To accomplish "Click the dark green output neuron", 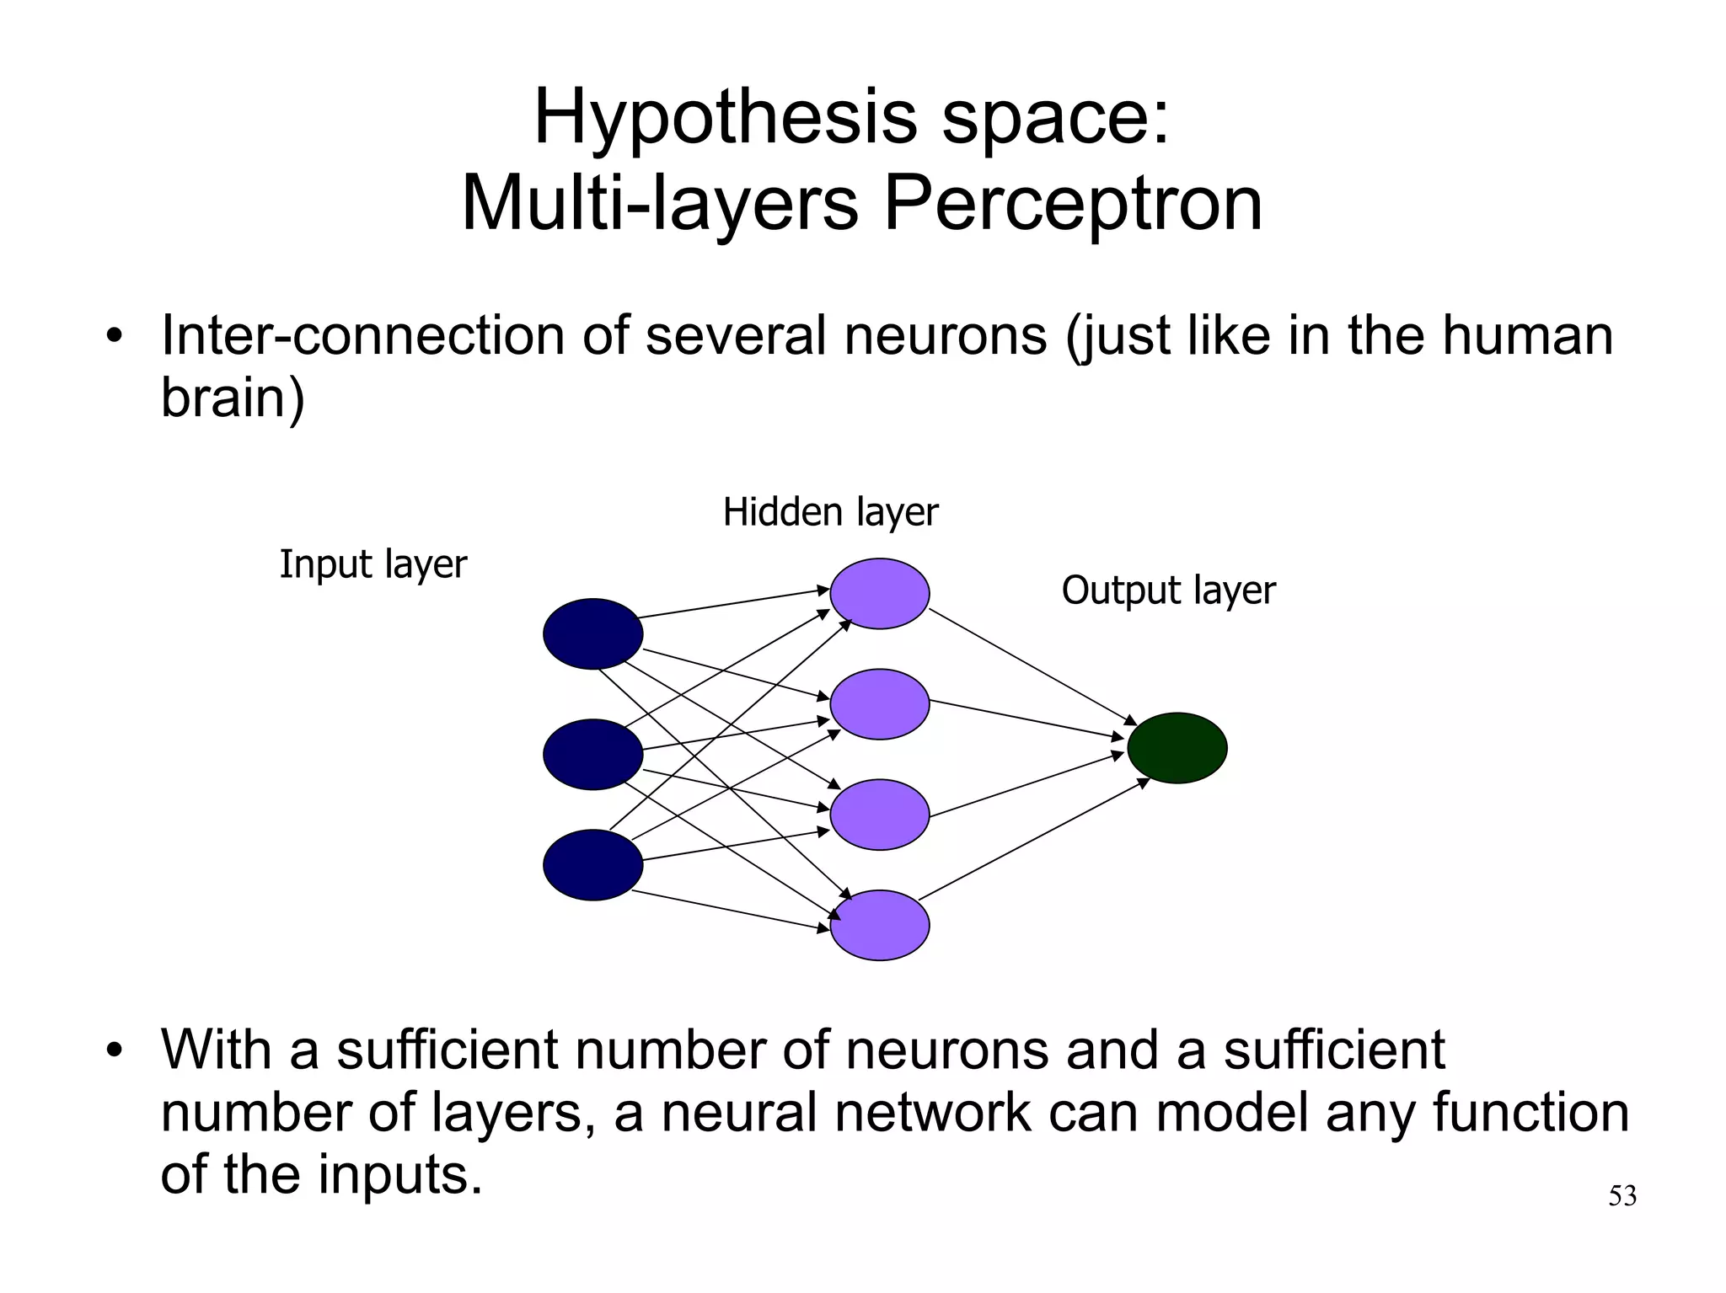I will click(x=1177, y=748).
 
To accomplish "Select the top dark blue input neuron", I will click(x=592, y=634).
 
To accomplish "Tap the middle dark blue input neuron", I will click(x=592, y=755).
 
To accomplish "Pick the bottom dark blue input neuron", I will click(x=592, y=865).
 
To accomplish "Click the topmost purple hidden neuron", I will click(x=879, y=594).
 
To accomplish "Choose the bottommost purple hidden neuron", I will click(x=879, y=925).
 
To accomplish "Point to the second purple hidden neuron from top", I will click(x=879, y=704).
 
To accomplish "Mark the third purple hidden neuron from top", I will click(x=879, y=815).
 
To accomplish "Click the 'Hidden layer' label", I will click(x=830, y=512).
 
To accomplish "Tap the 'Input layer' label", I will click(x=373, y=564).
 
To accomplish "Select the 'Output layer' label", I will click(x=1168, y=590).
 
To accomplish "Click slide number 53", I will click(x=1621, y=1196).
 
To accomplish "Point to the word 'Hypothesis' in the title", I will click(x=725, y=118).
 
